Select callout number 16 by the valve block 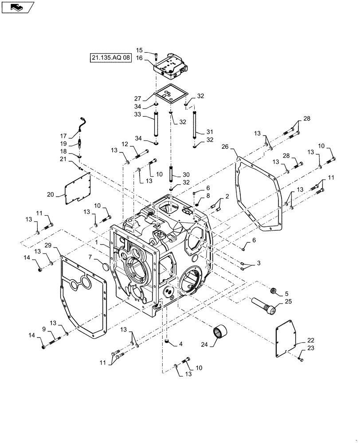pos(139,58)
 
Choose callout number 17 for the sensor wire pos(63,136)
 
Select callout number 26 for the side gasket pos(225,147)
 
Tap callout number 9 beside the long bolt pos(43,329)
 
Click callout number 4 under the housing pos(181,343)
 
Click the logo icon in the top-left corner pos(16,7)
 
